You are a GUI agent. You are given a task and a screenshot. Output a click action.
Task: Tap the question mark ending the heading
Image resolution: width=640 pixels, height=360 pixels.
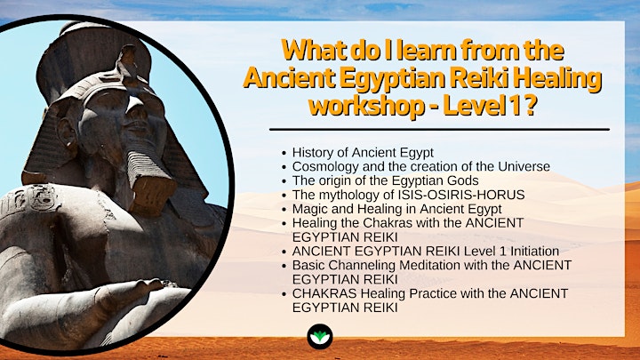point(530,105)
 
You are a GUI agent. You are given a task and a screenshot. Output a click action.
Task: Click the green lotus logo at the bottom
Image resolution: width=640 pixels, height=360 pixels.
point(320,337)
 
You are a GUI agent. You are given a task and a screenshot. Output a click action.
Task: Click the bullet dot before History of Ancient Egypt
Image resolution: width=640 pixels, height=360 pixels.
point(284,154)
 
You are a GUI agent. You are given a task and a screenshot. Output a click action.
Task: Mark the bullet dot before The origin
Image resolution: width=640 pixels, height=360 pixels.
point(284,181)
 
